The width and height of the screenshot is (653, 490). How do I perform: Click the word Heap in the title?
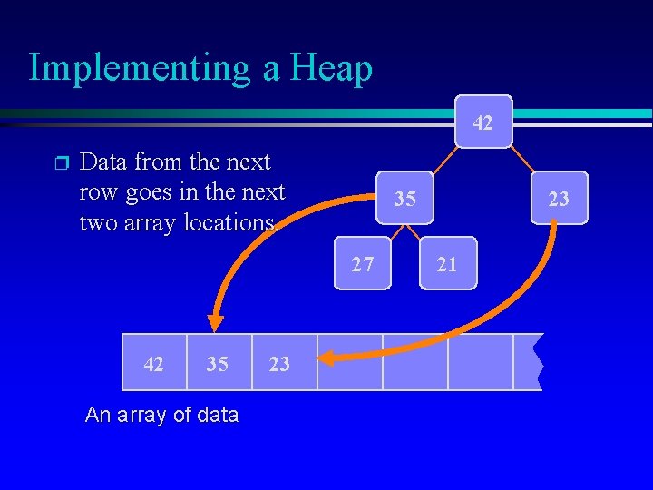click(x=330, y=69)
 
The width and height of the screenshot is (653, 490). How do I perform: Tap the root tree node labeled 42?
click(x=483, y=121)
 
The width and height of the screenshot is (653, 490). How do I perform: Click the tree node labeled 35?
click(x=405, y=197)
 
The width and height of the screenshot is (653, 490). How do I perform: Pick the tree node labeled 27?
click(x=363, y=264)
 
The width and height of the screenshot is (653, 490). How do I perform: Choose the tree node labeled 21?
click(x=447, y=264)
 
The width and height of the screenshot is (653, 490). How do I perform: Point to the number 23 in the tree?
click(x=559, y=197)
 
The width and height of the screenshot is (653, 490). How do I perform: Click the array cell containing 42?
click(x=154, y=363)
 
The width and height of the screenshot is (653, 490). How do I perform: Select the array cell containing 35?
click(x=217, y=363)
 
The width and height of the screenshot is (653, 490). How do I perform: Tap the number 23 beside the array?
click(x=279, y=363)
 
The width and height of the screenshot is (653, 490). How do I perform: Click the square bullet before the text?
click(x=61, y=163)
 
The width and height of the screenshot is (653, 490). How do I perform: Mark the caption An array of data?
click(x=161, y=416)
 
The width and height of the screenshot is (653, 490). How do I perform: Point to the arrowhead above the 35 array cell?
click(x=215, y=322)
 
